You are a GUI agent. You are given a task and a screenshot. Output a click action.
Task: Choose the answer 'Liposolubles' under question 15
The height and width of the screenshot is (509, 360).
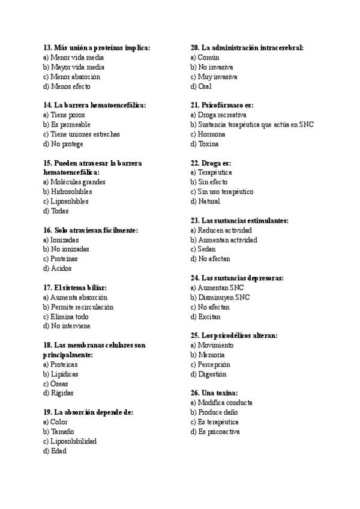69,202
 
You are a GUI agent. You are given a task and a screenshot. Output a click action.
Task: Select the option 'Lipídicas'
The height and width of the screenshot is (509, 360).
64,375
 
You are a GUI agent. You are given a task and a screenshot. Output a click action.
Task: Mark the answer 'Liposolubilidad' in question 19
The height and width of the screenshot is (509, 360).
73,442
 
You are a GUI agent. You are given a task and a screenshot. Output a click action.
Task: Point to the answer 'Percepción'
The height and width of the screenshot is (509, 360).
214,365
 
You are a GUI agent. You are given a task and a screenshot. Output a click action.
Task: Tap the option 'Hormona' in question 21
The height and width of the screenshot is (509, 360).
212,134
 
